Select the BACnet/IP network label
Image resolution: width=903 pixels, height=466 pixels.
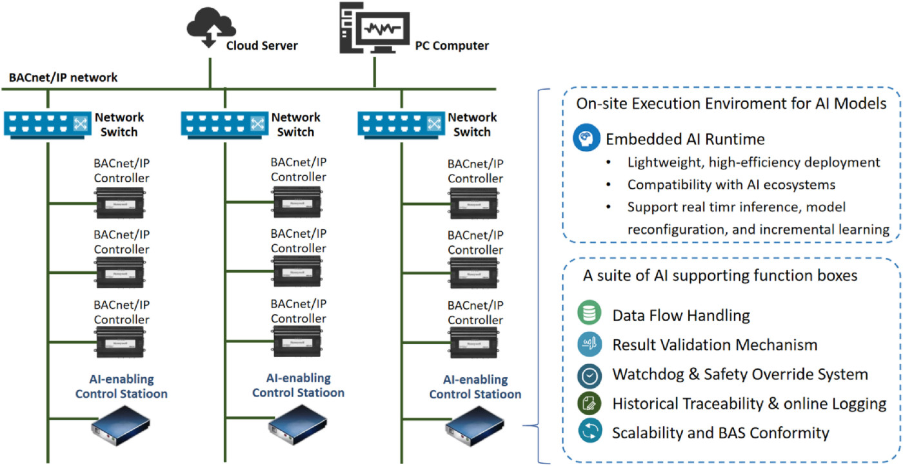coord(63,77)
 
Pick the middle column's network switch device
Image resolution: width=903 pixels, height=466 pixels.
coord(224,123)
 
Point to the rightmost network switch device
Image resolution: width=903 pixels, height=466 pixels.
coord(401,123)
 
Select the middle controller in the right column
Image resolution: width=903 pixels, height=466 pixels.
coord(475,272)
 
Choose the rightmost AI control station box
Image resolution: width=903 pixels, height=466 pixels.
coord(475,426)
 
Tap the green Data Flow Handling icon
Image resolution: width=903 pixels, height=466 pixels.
coord(590,315)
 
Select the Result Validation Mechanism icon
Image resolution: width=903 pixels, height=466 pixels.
coord(590,345)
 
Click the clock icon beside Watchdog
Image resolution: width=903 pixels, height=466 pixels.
coord(590,374)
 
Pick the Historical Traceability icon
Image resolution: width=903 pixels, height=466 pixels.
coord(590,403)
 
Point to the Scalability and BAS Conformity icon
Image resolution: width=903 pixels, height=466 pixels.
coord(590,432)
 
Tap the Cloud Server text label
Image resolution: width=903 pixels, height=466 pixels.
coord(262,46)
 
